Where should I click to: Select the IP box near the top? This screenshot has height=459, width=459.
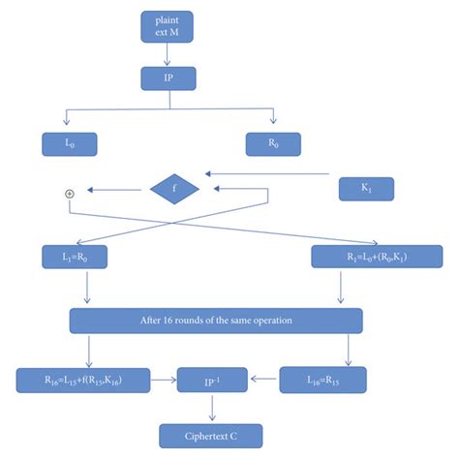pos(168,76)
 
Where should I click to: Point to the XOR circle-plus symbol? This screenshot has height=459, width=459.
pos(69,194)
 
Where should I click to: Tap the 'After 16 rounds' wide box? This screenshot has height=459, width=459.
pos(215,321)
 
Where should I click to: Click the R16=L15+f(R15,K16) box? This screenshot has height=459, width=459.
pos(82,381)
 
